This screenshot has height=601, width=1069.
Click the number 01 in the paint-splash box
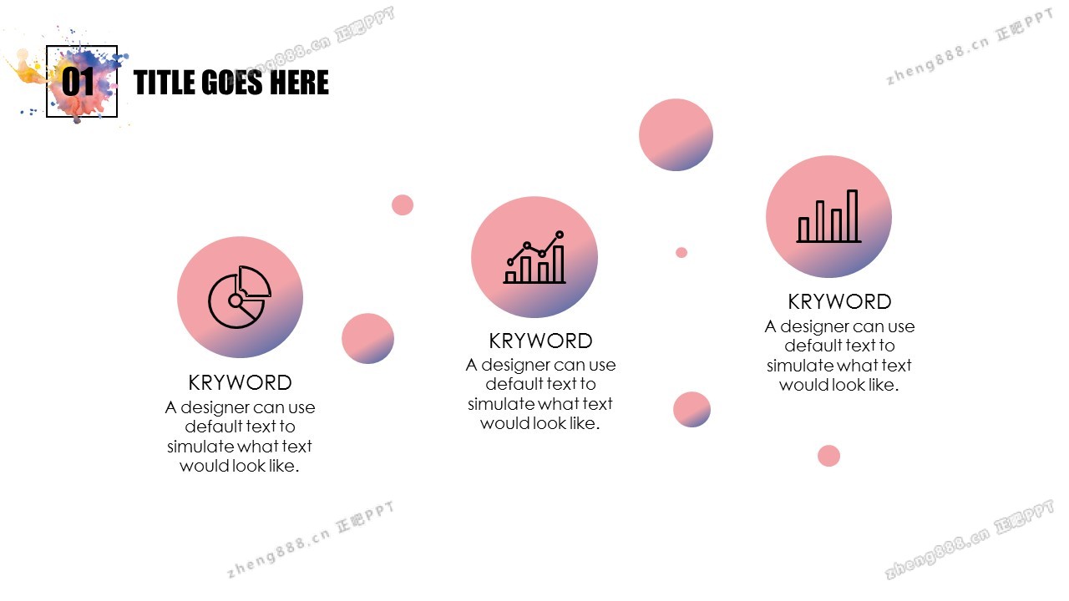tap(79, 82)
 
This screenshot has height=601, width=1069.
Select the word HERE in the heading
tap(299, 83)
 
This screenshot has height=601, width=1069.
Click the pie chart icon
tap(240, 297)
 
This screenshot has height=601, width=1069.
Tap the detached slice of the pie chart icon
tap(255, 281)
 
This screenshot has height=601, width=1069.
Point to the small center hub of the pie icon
tap(236, 300)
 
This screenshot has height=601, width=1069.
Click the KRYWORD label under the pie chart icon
tap(240, 382)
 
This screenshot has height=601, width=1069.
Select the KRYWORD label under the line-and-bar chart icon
tap(540, 341)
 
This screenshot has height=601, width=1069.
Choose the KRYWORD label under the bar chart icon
tap(839, 301)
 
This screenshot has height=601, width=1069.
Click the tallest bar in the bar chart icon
tap(853, 215)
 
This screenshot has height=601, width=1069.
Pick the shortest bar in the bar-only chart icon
tap(803, 230)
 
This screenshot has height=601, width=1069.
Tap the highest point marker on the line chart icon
tap(560, 235)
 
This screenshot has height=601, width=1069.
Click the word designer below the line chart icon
tap(518, 365)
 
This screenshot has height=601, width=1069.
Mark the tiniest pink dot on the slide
tap(681, 252)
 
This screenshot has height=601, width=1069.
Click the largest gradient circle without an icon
tap(676, 134)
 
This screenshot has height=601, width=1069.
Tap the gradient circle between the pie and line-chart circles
tap(368, 339)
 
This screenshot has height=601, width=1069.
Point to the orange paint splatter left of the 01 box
tap(28, 71)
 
